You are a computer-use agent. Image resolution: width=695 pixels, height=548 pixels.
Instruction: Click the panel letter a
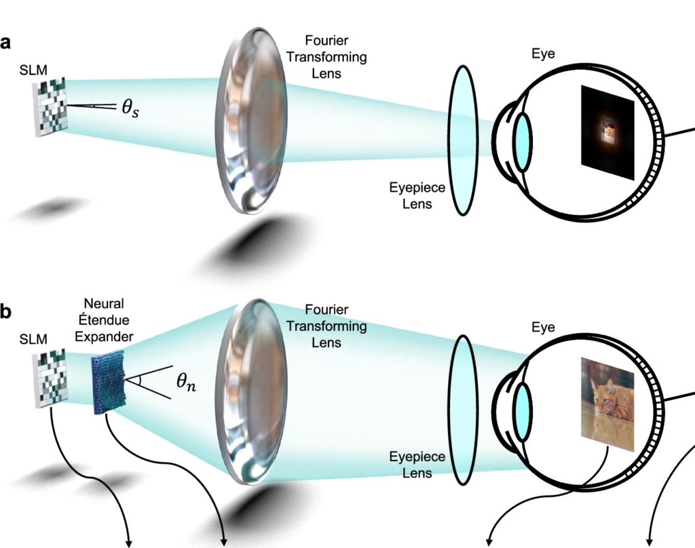pyautogui.click(x=5, y=43)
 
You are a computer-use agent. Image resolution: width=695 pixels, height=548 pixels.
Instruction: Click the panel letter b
pyautogui.click(x=5, y=311)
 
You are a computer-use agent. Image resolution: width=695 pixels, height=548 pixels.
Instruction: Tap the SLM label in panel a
pyautogui.click(x=33, y=70)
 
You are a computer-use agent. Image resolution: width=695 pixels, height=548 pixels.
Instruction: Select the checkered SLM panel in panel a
pyautogui.click(x=50, y=106)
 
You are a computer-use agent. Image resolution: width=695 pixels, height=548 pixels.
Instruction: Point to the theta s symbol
pyautogui.click(x=130, y=108)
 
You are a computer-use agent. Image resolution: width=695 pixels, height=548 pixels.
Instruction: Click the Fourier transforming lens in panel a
pyautogui.click(x=251, y=121)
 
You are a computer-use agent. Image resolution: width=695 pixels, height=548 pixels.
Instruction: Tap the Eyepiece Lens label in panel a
pyautogui.click(x=417, y=195)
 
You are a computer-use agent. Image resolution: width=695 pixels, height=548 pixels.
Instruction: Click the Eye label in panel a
pyautogui.click(x=543, y=54)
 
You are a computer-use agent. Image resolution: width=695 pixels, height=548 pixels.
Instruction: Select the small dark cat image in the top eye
pyautogui.click(x=607, y=132)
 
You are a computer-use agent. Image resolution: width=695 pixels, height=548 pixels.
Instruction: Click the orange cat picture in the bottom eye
pyautogui.click(x=607, y=404)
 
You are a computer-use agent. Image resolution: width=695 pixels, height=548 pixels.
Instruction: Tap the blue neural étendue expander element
pyautogui.click(x=108, y=382)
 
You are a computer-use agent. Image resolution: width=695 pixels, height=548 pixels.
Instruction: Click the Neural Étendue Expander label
pyautogui.click(x=104, y=320)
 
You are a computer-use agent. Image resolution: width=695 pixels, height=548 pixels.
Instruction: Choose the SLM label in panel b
pyautogui.click(x=33, y=339)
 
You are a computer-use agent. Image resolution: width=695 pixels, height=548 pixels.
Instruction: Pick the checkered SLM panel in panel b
pyautogui.click(x=50, y=378)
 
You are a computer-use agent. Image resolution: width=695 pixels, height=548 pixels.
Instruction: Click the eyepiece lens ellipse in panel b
pyautogui.click(x=463, y=410)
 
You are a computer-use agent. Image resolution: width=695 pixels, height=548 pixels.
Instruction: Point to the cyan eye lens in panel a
pyautogui.click(x=523, y=142)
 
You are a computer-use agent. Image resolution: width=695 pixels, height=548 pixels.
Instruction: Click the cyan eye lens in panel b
pyautogui.click(x=523, y=412)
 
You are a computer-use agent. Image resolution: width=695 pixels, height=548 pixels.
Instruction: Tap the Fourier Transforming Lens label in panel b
pyautogui.click(x=326, y=326)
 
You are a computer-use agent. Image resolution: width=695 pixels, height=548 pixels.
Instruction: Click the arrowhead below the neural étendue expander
pyautogui.click(x=223, y=543)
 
